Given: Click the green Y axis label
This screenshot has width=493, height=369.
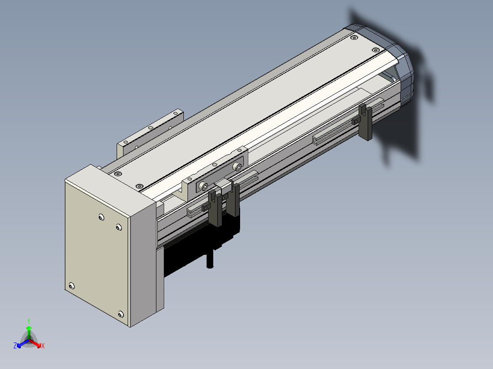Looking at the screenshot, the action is click(x=29, y=321).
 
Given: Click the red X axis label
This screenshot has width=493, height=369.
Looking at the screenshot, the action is click(x=43, y=346).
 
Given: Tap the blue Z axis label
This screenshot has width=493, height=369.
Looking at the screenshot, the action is click(x=15, y=346).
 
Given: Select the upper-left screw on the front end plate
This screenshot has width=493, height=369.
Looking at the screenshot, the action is click(x=101, y=217).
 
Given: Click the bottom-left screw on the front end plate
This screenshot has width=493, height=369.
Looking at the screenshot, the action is click(x=72, y=286).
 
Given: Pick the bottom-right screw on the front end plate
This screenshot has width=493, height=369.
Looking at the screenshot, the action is click(x=121, y=314).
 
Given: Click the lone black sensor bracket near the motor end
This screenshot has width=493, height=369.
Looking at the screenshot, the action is click(x=365, y=122).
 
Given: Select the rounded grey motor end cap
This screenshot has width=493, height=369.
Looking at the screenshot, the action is click(x=393, y=63).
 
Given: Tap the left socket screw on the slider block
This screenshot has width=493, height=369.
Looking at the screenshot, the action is click(x=205, y=186).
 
